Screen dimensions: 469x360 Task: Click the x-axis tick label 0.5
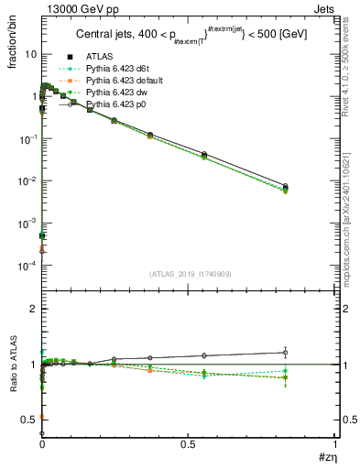[x=188, y=443]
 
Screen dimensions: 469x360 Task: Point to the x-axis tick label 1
[x=334, y=443]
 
